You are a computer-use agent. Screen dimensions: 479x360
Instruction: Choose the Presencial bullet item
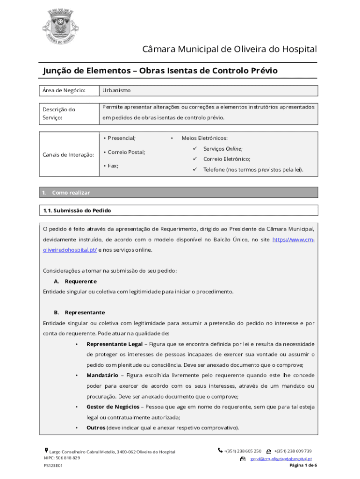coord(122,138)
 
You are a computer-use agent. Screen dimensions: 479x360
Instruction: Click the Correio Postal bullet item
coord(126,152)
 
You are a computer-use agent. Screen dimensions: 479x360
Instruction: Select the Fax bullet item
coord(113,166)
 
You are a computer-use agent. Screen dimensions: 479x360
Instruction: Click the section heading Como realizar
coord(71,193)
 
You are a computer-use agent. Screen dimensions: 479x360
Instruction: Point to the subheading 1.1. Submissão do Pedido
coord(77,210)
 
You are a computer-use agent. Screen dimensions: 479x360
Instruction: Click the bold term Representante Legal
coord(115,344)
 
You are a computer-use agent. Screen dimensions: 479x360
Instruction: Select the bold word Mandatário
coord(102,375)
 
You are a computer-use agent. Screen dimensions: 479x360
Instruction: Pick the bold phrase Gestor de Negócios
coord(113,406)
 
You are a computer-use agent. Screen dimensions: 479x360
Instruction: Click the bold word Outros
coord(96,428)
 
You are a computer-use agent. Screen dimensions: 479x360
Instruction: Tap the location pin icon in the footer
coord(46,450)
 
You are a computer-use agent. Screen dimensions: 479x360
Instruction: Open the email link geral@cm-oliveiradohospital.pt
coord(281,459)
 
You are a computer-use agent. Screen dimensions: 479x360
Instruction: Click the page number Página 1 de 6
coord(303,466)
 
